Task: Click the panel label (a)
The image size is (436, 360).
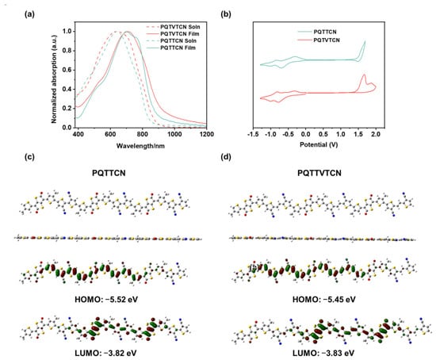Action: pyautogui.click(x=30, y=14)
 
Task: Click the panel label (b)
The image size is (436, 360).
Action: pyautogui.click(x=226, y=14)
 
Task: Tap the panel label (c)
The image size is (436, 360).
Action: pyautogui.click(x=30, y=157)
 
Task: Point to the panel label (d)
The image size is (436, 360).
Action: pyautogui.click(x=226, y=157)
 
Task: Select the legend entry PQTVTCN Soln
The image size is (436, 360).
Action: pyautogui.click(x=173, y=27)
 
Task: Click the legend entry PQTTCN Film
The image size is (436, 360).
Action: pyautogui.click(x=171, y=48)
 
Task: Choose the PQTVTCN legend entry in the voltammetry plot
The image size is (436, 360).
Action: pyautogui.click(x=319, y=40)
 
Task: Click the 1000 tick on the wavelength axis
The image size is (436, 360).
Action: pyautogui.click(x=174, y=134)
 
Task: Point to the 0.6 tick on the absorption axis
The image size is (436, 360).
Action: pyautogui.click(x=67, y=70)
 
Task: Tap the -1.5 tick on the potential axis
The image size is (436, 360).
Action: pyautogui.click(x=253, y=134)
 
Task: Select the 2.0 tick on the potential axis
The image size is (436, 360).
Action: pyautogui.click(x=376, y=134)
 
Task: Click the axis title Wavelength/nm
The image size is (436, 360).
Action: pyautogui.click(x=140, y=146)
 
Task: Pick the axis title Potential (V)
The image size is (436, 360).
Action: pyautogui.click(x=319, y=144)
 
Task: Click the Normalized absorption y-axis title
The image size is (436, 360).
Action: pyautogui.click(x=54, y=79)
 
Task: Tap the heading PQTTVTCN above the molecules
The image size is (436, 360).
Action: pyautogui.click(x=319, y=173)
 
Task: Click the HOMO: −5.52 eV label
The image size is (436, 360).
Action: pyautogui.click(x=106, y=300)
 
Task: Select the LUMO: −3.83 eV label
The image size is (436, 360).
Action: pyautogui.click(x=323, y=354)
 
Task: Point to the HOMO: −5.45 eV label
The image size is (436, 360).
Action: pyautogui.click(x=324, y=300)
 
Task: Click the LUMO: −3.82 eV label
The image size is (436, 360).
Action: pyautogui.click(x=105, y=354)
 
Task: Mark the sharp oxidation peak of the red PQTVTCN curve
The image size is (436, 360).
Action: pyautogui.click(x=364, y=75)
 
